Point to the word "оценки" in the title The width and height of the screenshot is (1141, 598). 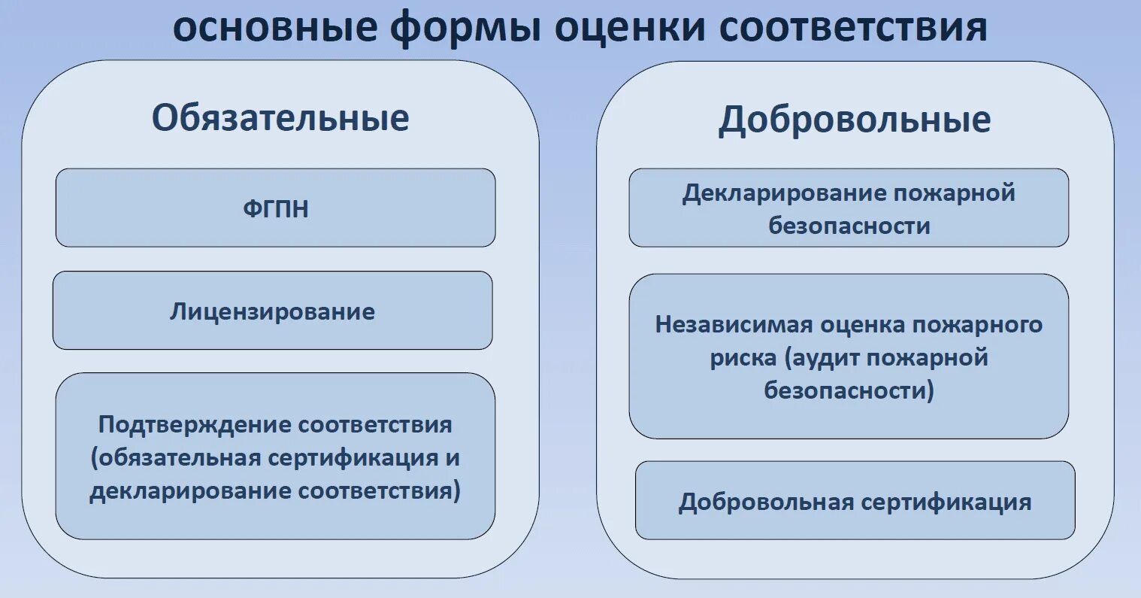click(x=630, y=27)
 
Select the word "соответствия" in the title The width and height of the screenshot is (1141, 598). click(x=852, y=27)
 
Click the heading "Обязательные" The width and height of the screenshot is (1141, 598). click(x=280, y=118)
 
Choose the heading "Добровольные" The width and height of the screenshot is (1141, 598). click(x=855, y=120)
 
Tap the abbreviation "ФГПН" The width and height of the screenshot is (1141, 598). click(x=276, y=208)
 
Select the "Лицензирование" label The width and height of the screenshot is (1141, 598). click(x=272, y=311)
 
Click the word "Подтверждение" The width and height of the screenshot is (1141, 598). click(x=195, y=425)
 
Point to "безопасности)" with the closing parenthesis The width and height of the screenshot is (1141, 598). click(x=849, y=390)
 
